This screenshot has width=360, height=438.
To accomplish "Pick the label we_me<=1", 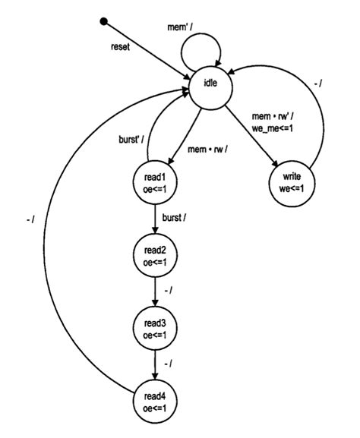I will coord(273,128).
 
